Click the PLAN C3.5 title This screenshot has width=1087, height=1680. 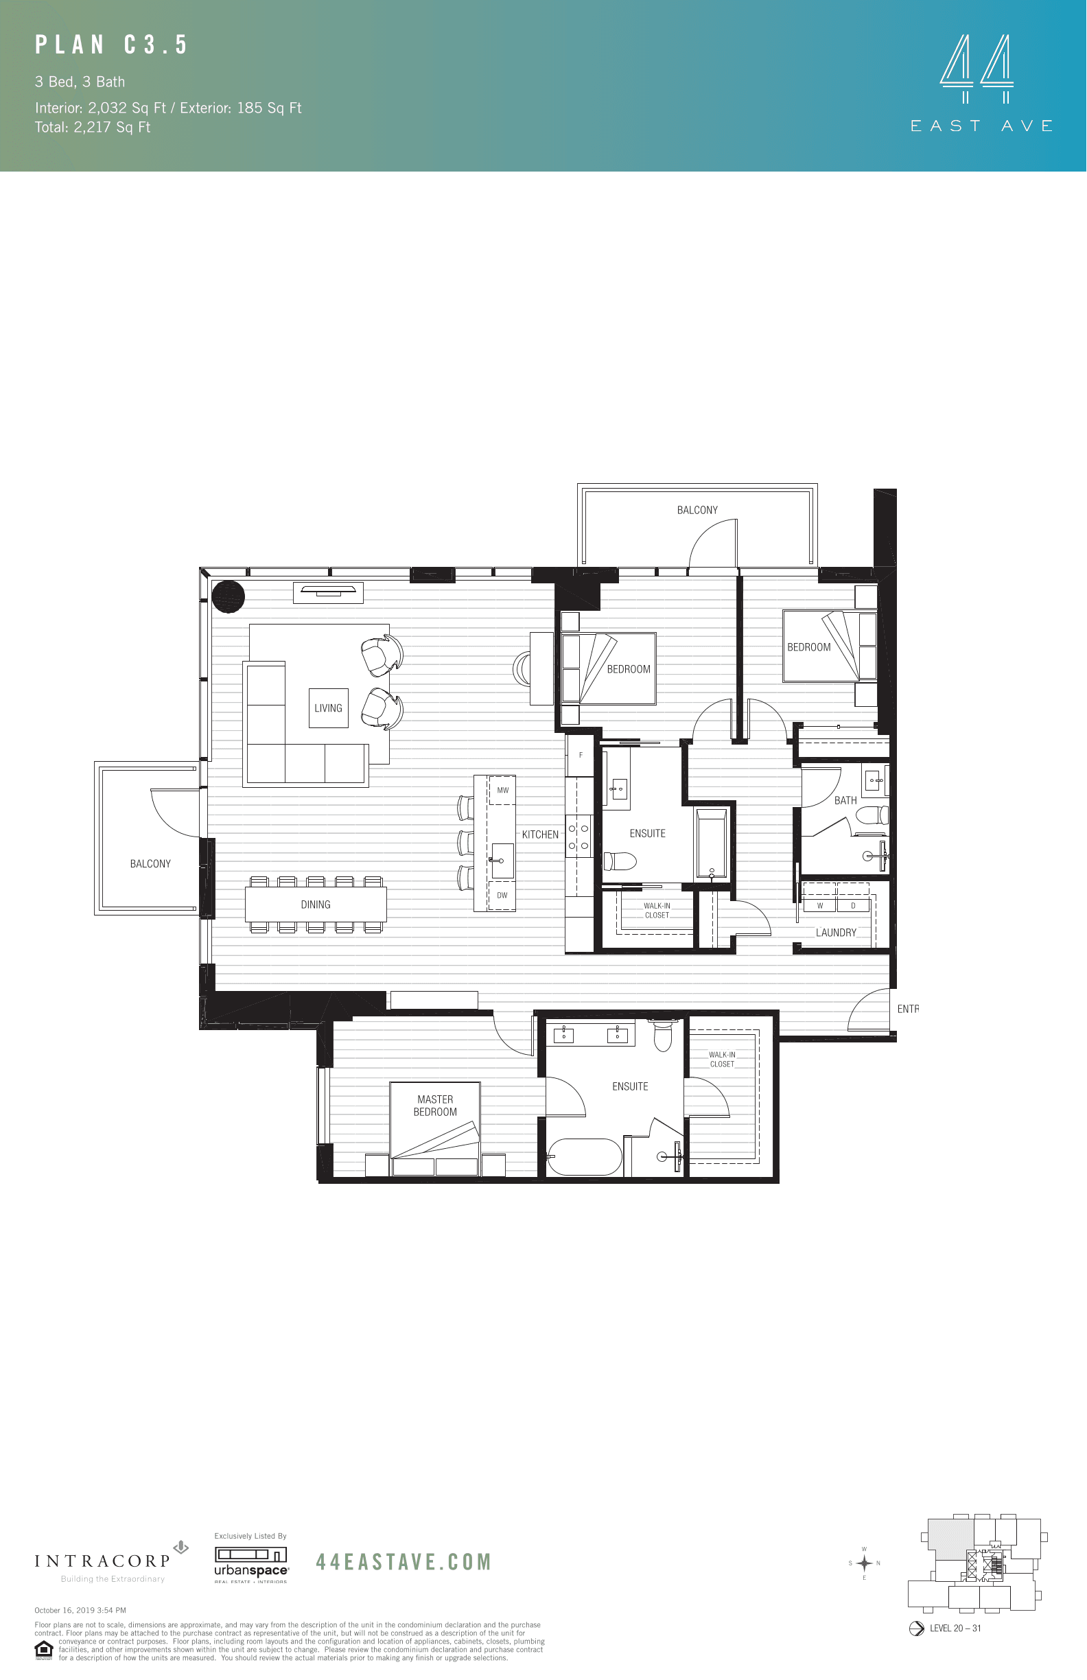coord(112,45)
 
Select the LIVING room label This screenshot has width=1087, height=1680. coord(328,708)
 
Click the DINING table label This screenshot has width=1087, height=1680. coord(316,905)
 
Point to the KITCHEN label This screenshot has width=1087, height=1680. coord(540,835)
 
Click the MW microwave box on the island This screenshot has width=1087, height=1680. coord(502,791)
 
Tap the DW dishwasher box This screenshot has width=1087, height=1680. coord(502,896)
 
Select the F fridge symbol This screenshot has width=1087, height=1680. coord(581,756)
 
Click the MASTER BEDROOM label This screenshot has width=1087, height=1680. coord(435,1106)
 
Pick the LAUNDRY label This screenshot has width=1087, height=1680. coord(836,933)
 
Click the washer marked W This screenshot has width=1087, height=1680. coord(819,906)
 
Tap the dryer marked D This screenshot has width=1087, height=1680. coord(853,906)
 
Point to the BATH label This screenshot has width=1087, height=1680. coord(845,800)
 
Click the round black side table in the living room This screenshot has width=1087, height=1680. coord(228,596)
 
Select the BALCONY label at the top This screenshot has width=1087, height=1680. coord(697,511)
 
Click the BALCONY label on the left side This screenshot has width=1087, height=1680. coord(150,864)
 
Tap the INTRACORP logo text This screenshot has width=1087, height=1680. coord(103,1561)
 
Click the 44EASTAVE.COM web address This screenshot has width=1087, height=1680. coord(403,1562)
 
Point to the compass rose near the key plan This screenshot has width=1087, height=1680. coord(864,1563)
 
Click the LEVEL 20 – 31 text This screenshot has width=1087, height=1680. coord(955,1629)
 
